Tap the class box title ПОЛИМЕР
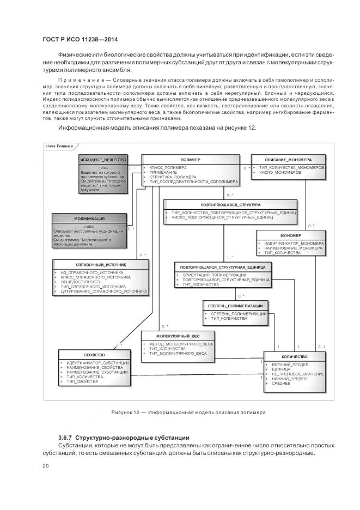(191, 159)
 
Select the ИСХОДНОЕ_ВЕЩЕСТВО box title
(103, 159)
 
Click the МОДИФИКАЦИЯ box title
(89, 218)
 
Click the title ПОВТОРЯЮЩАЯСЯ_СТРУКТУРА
(230, 205)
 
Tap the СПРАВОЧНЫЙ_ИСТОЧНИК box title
(101, 264)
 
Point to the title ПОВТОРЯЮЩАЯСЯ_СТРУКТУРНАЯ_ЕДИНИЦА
(228, 268)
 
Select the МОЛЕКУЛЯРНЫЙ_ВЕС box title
(177, 337)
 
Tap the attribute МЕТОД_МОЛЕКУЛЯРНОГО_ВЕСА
(181, 344)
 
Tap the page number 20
(46, 466)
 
